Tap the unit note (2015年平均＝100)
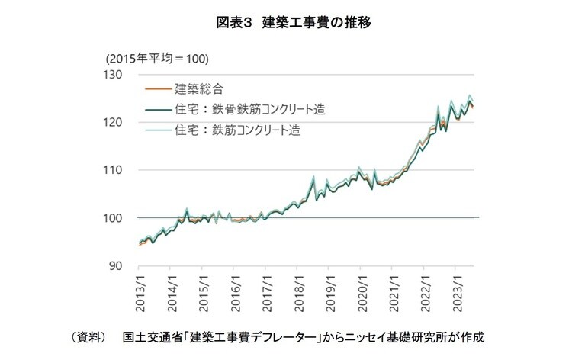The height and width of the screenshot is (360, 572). (157, 59)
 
